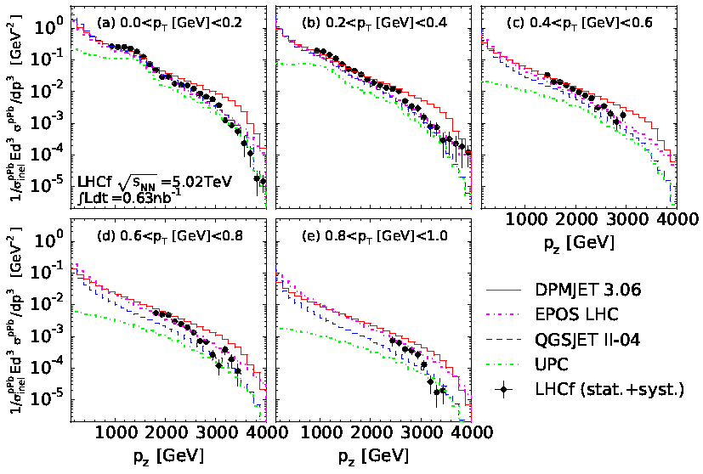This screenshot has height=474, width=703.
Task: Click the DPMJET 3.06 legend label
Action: [x=587, y=290]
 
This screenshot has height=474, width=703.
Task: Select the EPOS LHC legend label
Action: [x=576, y=314]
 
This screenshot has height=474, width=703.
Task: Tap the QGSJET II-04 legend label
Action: [x=587, y=340]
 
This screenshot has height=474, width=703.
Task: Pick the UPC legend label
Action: [x=552, y=364]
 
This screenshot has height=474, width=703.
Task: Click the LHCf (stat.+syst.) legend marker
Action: [x=503, y=390]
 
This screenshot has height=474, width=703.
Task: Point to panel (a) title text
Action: [x=169, y=23]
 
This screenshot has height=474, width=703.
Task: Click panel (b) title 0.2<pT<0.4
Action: [x=374, y=23]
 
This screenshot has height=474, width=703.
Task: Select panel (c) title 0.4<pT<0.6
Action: [x=580, y=23]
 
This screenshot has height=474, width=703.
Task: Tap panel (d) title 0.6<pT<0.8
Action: [x=169, y=236]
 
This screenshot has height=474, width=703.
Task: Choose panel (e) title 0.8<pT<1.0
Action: [x=374, y=236]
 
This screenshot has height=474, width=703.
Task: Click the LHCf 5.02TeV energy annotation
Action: [x=155, y=182]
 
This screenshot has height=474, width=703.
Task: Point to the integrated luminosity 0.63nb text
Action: [x=125, y=197]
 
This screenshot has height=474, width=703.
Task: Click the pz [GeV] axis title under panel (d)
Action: [x=168, y=456]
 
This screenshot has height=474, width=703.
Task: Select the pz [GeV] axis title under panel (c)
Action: [x=579, y=243]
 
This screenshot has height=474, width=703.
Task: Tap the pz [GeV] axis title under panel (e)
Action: [x=373, y=456]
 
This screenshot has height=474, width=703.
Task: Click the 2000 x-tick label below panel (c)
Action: [x=577, y=219]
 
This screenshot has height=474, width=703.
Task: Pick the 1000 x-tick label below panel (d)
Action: [x=116, y=432]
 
